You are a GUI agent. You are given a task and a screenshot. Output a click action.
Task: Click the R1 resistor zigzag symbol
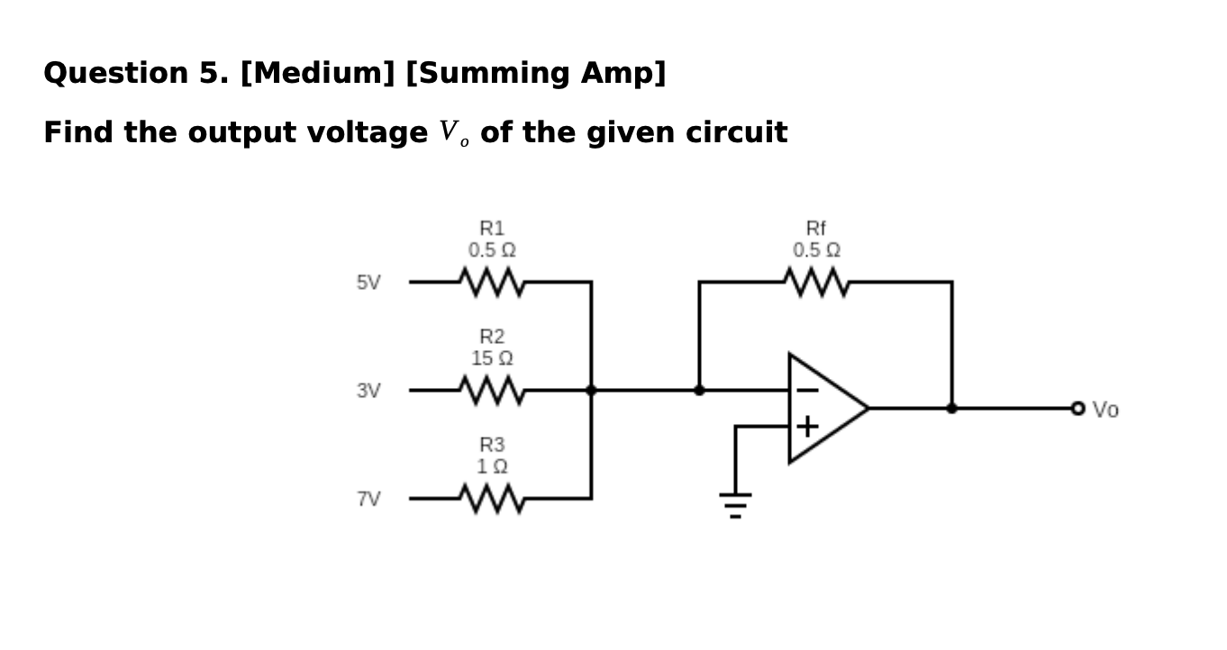coord(492,282)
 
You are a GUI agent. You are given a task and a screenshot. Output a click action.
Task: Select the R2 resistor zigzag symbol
coord(492,390)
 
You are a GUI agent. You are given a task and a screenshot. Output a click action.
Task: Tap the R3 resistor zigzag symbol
coord(492,498)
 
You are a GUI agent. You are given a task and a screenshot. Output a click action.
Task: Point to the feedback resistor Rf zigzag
coord(816,282)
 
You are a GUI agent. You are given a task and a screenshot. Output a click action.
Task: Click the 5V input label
coord(368,283)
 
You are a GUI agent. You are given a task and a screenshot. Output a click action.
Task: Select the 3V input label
coord(368,391)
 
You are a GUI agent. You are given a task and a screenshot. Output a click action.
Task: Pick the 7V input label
coord(368,499)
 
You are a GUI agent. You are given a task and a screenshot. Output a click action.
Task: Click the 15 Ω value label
coord(492,358)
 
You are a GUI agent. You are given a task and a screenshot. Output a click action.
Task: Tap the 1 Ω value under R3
coord(492,466)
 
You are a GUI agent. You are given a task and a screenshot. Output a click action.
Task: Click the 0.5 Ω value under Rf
coord(816,249)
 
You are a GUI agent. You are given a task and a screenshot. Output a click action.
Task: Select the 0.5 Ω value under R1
coord(492,249)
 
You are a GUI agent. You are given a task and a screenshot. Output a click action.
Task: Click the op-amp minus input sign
coord(807,391)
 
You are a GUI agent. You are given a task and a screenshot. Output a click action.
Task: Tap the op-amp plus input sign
coord(807,426)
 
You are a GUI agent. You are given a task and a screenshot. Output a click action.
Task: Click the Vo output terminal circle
coord(1077,409)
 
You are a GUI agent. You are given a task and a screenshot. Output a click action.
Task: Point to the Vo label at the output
coord(1105,410)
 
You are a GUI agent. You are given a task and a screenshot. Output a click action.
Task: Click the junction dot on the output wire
coord(951,408)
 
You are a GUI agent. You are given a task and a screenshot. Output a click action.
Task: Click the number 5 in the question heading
coord(207,73)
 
